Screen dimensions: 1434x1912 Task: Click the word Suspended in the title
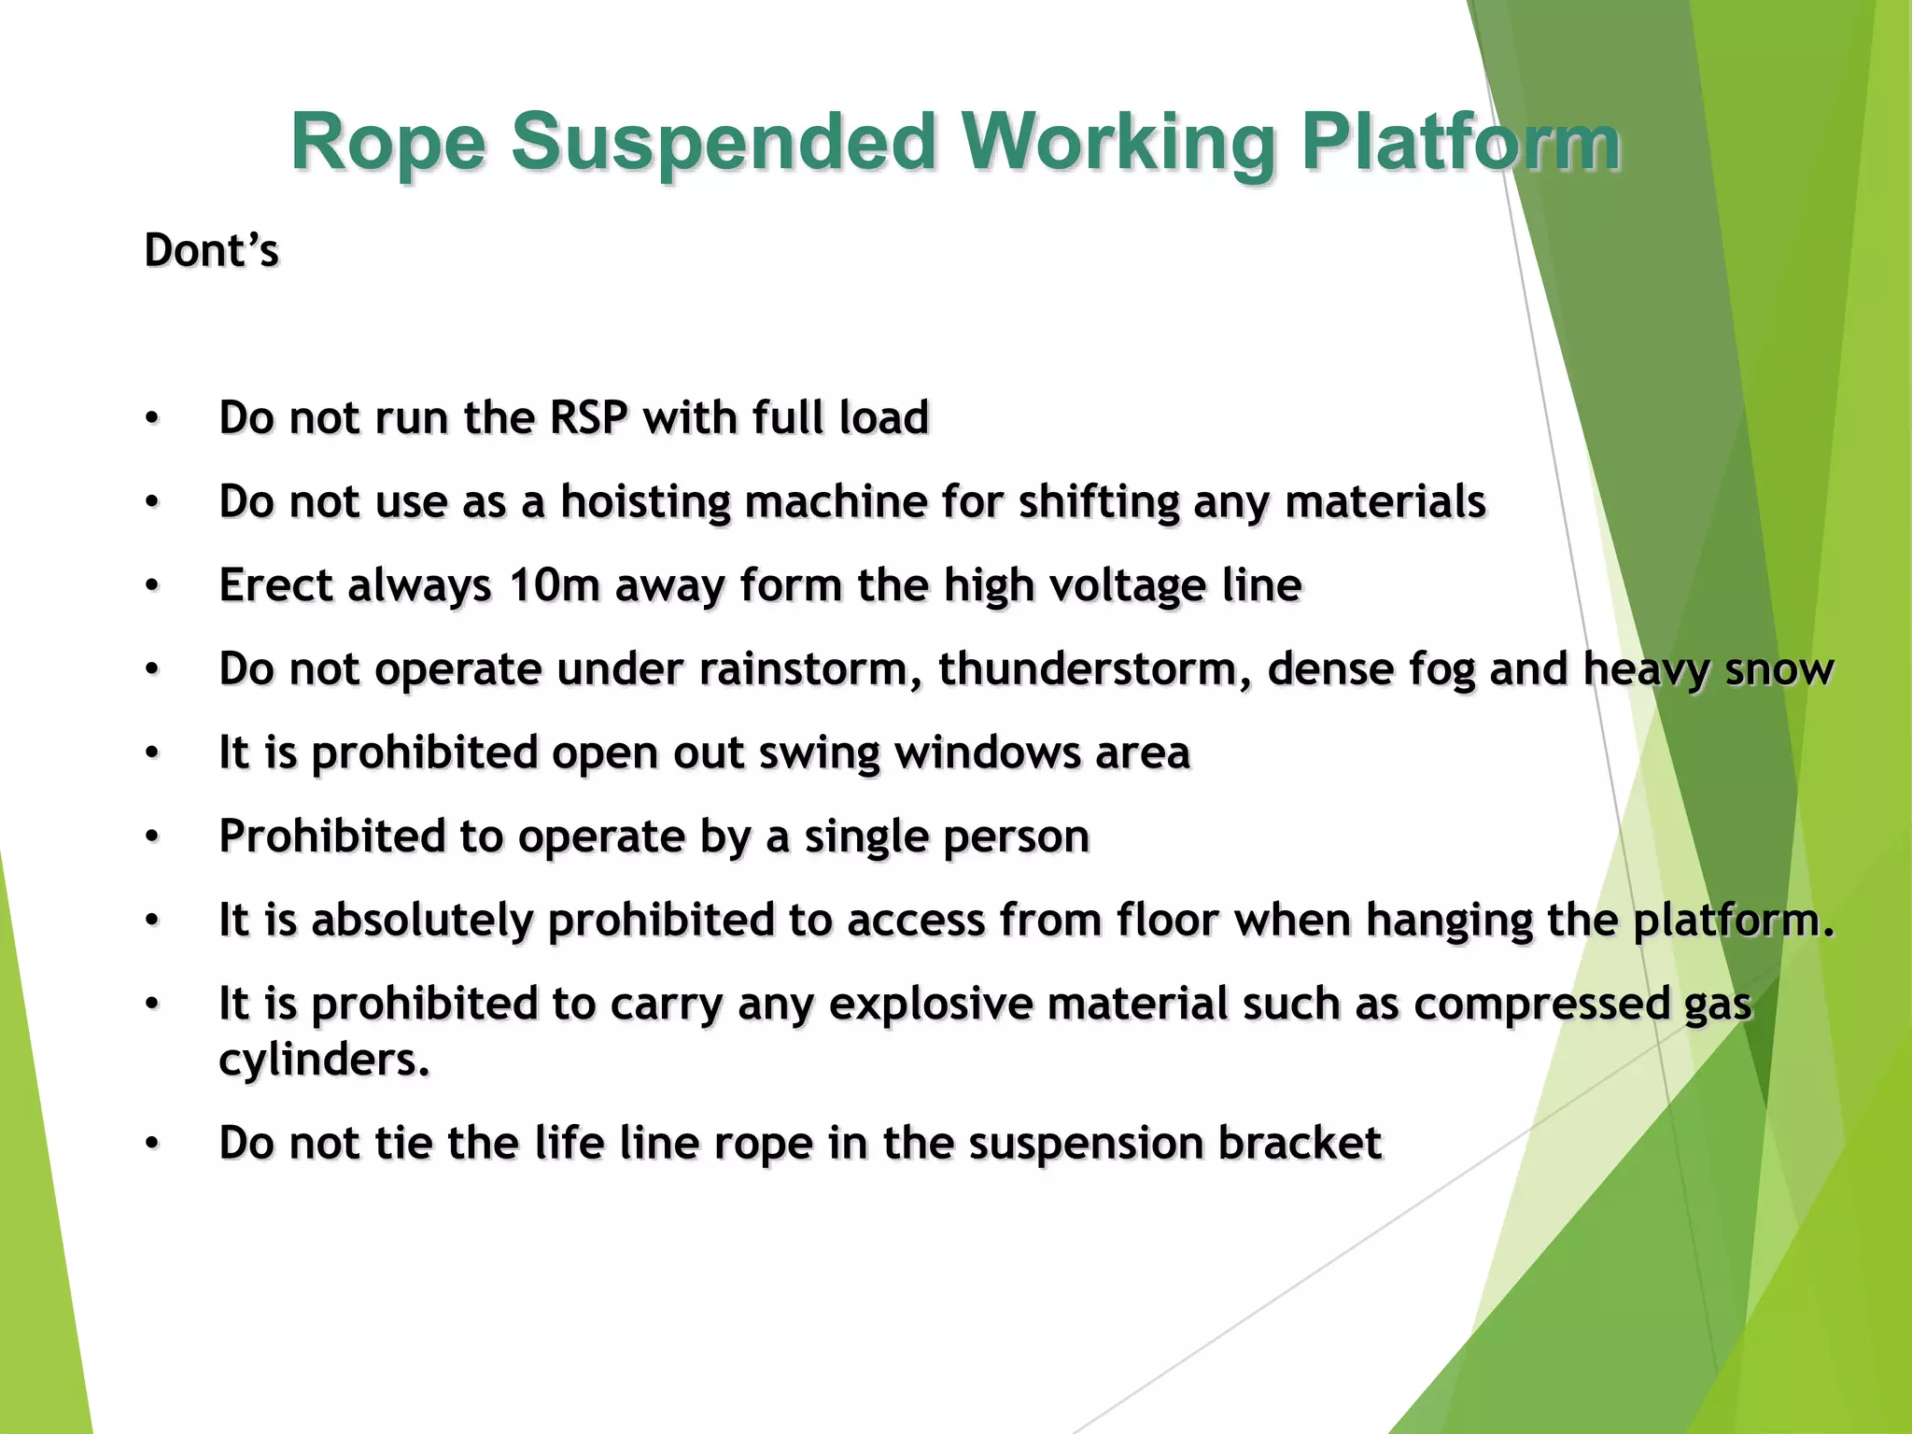(723, 142)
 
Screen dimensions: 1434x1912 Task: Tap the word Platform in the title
(1460, 142)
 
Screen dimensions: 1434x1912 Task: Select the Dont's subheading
(212, 250)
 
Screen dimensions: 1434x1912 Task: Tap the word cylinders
(323, 1060)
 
